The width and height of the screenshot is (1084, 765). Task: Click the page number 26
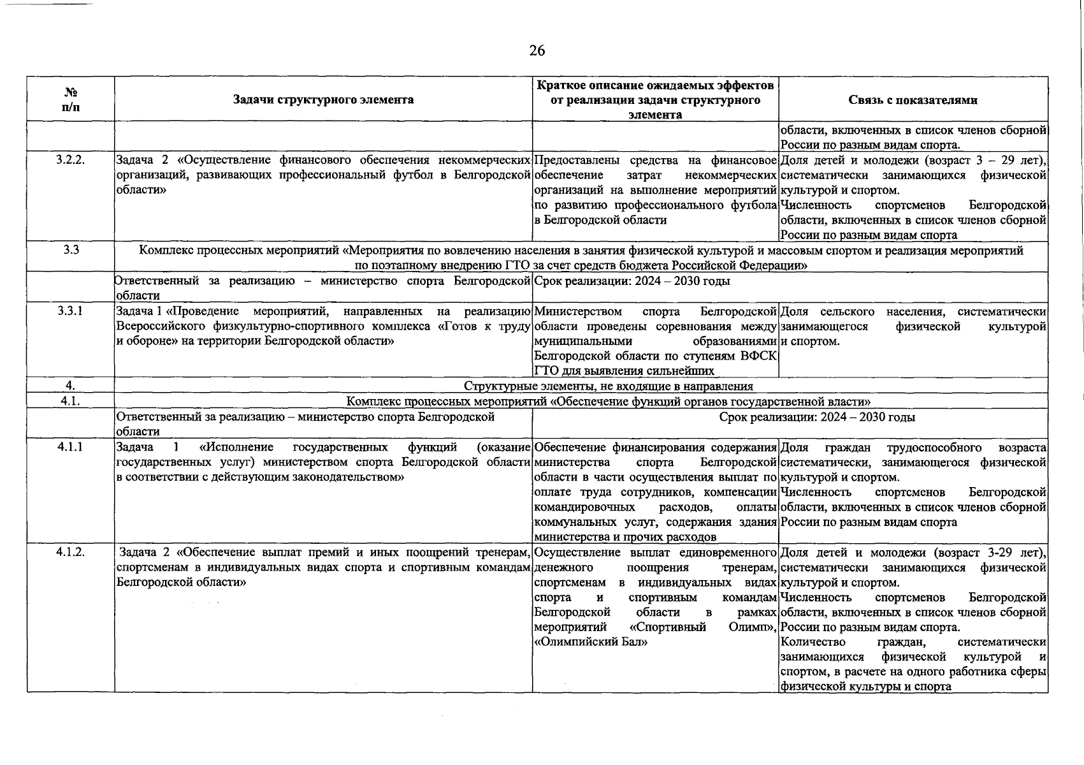click(x=537, y=51)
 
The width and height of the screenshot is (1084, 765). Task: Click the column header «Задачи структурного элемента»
click(x=323, y=99)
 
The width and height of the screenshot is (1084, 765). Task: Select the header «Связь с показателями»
click(x=913, y=100)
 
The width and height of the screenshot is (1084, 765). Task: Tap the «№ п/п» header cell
click(x=71, y=99)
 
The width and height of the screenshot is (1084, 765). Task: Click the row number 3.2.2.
click(x=70, y=160)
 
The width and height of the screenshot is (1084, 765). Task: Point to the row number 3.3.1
click(x=70, y=311)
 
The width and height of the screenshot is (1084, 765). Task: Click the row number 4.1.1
click(x=70, y=448)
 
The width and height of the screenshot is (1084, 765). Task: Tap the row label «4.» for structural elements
click(x=70, y=386)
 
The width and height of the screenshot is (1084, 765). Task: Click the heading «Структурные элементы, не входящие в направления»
click(x=608, y=386)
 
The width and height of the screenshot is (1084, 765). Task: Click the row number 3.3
click(x=71, y=250)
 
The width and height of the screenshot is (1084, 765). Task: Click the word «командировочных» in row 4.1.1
click(x=584, y=507)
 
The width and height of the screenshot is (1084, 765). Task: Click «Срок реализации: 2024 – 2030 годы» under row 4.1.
click(x=817, y=418)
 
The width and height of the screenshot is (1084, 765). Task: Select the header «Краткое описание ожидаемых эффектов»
click(x=655, y=85)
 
